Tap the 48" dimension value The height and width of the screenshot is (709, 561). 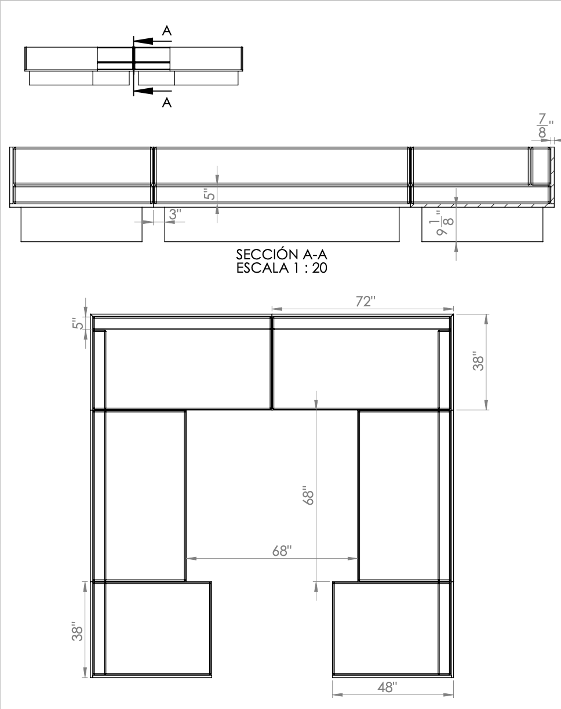pyautogui.click(x=388, y=688)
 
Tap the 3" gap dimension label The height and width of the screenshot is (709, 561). pyautogui.click(x=174, y=214)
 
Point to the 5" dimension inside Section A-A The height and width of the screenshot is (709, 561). pyautogui.click(x=209, y=193)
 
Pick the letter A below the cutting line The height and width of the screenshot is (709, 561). pyautogui.click(x=166, y=103)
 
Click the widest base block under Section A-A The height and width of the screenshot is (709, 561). pyautogui.click(x=282, y=225)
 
